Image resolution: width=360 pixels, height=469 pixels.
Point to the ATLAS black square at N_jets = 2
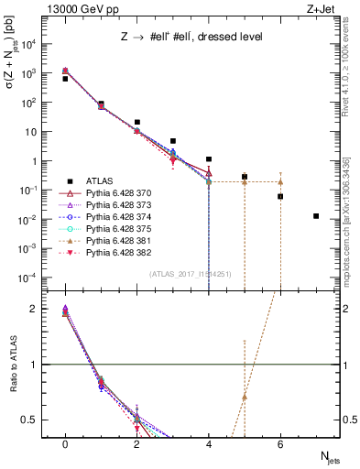(136, 122)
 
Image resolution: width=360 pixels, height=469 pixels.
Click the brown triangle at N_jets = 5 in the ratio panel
(245, 397)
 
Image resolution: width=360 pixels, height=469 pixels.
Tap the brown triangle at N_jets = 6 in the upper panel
(280, 181)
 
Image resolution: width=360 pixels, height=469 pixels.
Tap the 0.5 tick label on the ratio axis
(31, 420)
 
